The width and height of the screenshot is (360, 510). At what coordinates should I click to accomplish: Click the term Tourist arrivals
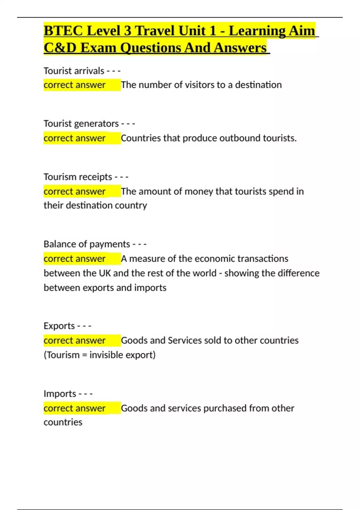[74, 71]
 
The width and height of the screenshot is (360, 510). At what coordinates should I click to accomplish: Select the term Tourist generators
[81, 124]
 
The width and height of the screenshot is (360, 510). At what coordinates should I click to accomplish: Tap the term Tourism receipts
[78, 177]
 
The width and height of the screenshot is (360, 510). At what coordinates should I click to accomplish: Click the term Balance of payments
[87, 244]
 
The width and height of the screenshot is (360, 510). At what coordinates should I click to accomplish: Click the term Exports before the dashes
[59, 326]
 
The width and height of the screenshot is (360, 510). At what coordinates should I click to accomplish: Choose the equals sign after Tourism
[84, 355]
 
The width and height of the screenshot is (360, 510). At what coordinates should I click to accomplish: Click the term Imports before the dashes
[60, 393]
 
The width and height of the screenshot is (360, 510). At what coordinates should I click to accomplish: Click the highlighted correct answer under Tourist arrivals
[74, 85]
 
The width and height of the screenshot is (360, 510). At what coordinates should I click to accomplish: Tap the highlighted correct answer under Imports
[74, 408]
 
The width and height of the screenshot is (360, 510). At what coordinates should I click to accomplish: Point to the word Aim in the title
[301, 31]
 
